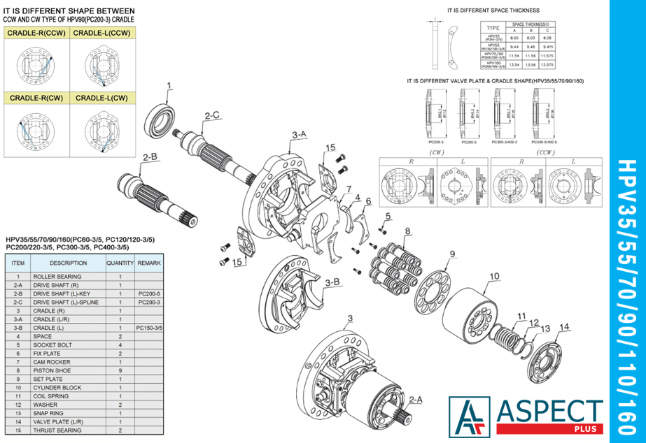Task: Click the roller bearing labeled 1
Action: click(163, 119)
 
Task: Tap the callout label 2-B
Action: click(150, 158)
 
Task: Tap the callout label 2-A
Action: click(415, 400)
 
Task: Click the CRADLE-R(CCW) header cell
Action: click(36, 33)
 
